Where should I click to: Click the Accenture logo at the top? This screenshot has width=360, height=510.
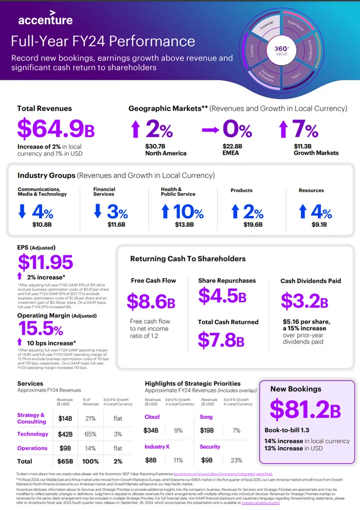(45, 19)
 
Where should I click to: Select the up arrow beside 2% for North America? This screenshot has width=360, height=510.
(136, 130)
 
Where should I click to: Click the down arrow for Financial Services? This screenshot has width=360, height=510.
(98, 211)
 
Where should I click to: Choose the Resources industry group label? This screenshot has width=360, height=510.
(311, 190)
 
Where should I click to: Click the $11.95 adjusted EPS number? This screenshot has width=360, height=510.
(45, 262)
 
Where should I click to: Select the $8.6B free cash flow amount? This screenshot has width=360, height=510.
(151, 301)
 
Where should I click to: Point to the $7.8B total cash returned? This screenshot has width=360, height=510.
(221, 339)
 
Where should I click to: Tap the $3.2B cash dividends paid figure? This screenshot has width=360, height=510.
(305, 301)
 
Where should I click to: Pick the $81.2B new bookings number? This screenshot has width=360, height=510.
(305, 410)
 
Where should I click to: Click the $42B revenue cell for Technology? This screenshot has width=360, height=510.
(65, 434)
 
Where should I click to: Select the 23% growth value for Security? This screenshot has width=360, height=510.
(237, 460)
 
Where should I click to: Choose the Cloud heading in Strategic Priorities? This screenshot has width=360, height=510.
(152, 417)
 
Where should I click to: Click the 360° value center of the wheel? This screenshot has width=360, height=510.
(282, 50)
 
